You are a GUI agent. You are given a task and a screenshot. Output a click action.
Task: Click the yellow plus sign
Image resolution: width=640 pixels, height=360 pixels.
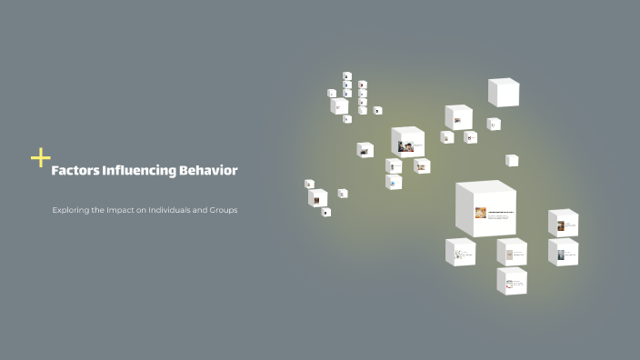pyautogui.click(x=40, y=158)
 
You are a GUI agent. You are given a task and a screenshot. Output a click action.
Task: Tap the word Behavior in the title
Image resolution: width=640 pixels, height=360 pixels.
pyautogui.click(x=212, y=170)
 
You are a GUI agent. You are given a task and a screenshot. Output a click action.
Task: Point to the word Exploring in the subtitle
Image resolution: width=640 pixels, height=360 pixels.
pyautogui.click(x=70, y=210)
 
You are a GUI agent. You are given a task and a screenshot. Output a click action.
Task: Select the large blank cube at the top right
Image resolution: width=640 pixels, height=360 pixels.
pyautogui.click(x=503, y=92)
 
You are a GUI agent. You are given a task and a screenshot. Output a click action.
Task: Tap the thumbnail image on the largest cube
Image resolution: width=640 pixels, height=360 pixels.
pyautogui.click(x=480, y=213)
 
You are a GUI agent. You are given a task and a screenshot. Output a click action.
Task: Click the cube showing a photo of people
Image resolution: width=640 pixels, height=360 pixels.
pyautogui.click(x=408, y=142)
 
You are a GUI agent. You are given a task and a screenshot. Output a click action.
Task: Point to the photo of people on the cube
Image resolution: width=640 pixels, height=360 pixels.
pyautogui.click(x=405, y=145)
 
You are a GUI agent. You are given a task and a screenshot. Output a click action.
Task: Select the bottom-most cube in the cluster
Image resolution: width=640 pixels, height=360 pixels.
pyautogui.click(x=512, y=281)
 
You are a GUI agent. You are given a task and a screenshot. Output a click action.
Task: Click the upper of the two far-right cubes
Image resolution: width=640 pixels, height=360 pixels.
pyautogui.click(x=563, y=223)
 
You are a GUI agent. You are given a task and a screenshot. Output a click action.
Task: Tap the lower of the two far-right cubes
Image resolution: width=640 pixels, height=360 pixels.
pyautogui.click(x=563, y=252)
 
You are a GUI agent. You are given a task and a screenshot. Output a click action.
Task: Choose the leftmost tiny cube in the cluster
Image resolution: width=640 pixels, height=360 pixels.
pyautogui.click(x=309, y=184)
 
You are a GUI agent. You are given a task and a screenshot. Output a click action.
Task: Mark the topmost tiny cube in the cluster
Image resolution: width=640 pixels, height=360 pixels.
pyautogui.click(x=346, y=76)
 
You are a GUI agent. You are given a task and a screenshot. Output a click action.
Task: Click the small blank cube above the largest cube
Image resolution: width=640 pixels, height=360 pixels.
pyautogui.click(x=512, y=160)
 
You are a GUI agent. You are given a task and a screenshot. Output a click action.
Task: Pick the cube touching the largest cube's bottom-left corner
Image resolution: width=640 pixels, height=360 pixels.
pyautogui.click(x=460, y=252)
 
